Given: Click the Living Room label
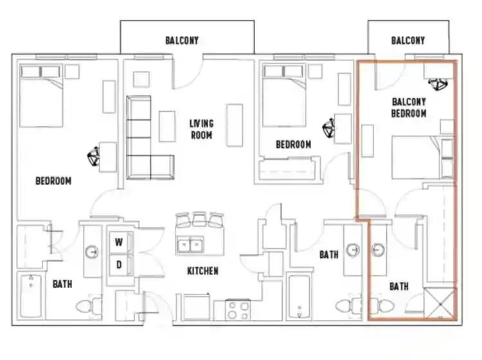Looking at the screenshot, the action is pos(201,129).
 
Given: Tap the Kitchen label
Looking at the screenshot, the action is pos(203,271).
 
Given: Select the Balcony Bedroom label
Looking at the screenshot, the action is pos(409,107).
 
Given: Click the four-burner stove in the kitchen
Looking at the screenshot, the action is pos(238,310).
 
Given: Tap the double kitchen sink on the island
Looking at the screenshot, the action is pos(191,244).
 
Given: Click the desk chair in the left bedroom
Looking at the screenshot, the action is pos(93,156).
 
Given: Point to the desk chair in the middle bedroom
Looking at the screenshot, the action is pos(328,127).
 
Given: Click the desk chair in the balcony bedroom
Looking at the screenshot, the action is pos(438,84).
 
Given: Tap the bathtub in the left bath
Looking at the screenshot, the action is pos(31,296).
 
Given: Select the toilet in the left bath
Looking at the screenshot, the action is pos(89,306).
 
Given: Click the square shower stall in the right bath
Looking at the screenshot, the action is pos(440,303).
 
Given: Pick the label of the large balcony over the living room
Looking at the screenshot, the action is pos(182,40).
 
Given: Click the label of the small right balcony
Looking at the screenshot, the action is pos(408,40).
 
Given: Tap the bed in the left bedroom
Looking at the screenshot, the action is pos(41,95).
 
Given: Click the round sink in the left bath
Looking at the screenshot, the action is pos(92,252).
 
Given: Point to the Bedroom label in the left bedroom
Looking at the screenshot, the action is pos(53,181).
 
